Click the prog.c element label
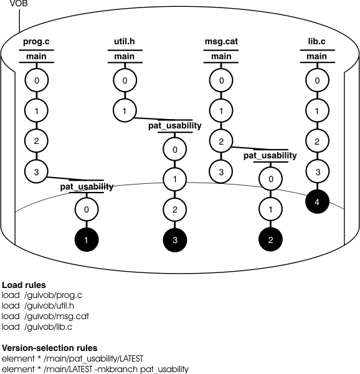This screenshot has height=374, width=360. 36,42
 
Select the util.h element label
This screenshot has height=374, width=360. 125,42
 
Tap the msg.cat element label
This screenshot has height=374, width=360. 221,42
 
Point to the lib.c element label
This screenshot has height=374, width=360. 317,42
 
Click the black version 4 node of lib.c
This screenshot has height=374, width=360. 317,201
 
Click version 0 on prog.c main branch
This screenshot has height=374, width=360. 36,80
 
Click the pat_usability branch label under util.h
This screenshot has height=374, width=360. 174,126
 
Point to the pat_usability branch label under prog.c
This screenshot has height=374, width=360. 87,186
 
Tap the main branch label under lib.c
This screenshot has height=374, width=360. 317,57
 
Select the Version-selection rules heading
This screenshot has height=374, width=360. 47,348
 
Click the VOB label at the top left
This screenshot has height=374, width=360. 10,4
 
